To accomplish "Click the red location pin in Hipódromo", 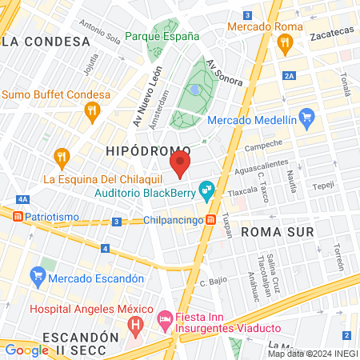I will point(180,165).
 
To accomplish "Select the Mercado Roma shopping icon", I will point(284,46).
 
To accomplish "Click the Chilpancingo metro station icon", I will point(210,218).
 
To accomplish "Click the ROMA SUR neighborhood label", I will point(274,230).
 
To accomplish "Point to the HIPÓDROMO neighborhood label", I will point(148,150).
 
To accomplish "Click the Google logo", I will point(26,350).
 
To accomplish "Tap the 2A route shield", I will point(288,75).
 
